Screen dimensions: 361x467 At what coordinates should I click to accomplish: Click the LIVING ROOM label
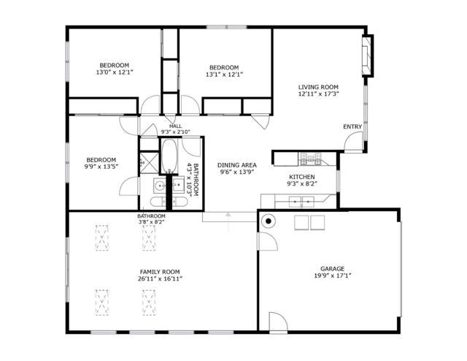[x=318, y=87]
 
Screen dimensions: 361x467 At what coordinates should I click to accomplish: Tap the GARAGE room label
[x=332, y=268]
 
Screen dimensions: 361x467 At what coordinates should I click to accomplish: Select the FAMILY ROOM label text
[x=160, y=271]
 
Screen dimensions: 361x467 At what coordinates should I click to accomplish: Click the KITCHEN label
[x=301, y=177]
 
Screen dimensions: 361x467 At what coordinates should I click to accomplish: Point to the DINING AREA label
[x=236, y=165]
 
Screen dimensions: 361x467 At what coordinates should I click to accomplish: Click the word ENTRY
[x=352, y=127]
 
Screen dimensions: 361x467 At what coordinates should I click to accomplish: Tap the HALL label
[x=175, y=126]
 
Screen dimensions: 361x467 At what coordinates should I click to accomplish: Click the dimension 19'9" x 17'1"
[x=332, y=276]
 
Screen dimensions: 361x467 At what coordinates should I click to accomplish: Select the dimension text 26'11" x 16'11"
[x=160, y=278]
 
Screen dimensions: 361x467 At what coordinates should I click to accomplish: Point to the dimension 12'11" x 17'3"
[x=318, y=94]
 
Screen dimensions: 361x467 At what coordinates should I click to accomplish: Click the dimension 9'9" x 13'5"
[x=101, y=167]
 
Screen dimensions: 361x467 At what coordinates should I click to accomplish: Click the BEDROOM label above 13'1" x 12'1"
[x=224, y=66]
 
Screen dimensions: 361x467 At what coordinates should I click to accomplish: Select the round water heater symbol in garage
[x=268, y=221]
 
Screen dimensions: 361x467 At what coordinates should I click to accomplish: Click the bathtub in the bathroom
[x=169, y=154]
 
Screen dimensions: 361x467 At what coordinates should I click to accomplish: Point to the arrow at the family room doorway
[x=230, y=215]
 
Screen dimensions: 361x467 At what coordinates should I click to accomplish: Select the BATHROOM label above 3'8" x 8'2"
[x=152, y=216]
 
